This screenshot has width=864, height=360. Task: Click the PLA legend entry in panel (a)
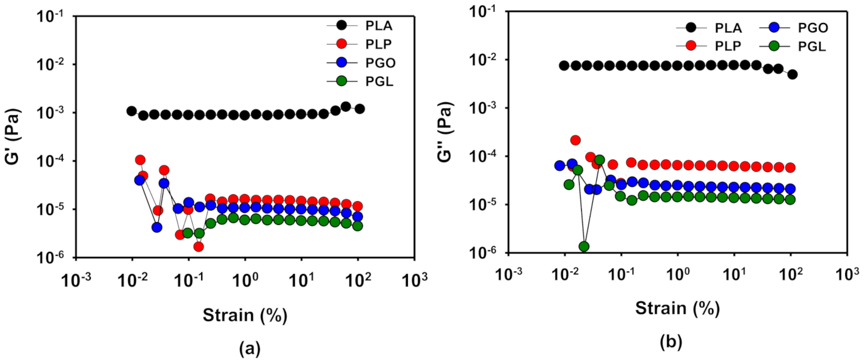[379, 26]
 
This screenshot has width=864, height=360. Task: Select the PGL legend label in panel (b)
[811, 47]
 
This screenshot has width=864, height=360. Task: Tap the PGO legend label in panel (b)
[812, 28]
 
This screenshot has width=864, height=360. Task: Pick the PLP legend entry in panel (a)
[379, 45]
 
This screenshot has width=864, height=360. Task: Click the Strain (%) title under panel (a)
[245, 315]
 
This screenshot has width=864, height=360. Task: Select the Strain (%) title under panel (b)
[677, 308]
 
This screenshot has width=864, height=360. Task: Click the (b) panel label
[671, 342]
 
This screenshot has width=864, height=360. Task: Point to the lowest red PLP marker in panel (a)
[199, 247]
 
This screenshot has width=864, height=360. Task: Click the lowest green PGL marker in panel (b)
[584, 247]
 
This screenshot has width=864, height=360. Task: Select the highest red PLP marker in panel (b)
[575, 141]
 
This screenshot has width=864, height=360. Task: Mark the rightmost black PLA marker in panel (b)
[792, 75]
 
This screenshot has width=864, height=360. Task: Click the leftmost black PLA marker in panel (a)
[131, 111]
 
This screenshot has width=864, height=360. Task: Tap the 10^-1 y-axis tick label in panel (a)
[52, 17]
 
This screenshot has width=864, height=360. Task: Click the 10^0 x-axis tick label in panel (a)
[245, 280]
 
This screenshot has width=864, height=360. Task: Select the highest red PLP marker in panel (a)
[140, 160]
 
